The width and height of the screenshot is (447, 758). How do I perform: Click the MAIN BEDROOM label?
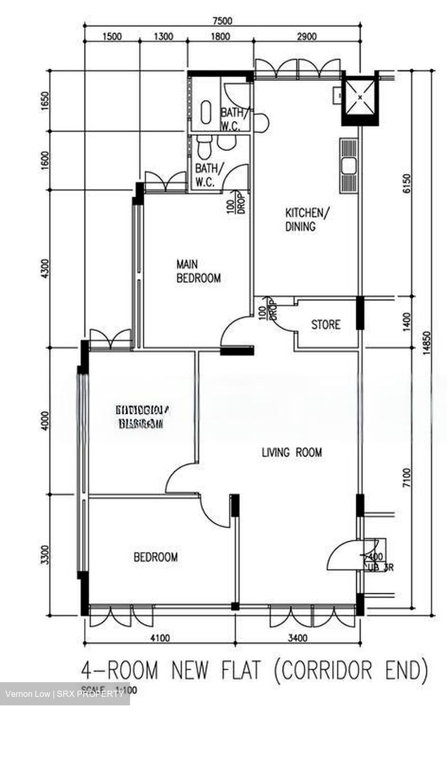tap(198, 271)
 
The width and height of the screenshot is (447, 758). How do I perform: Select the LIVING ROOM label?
tap(292, 452)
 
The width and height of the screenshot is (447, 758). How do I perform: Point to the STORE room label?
tap(325, 325)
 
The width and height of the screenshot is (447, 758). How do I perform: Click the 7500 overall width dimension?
tap(222, 21)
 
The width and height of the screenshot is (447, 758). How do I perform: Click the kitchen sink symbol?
tap(349, 166)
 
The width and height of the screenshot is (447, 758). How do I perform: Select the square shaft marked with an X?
tap(360, 97)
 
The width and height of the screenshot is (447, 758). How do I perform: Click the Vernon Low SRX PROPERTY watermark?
tap(65, 694)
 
